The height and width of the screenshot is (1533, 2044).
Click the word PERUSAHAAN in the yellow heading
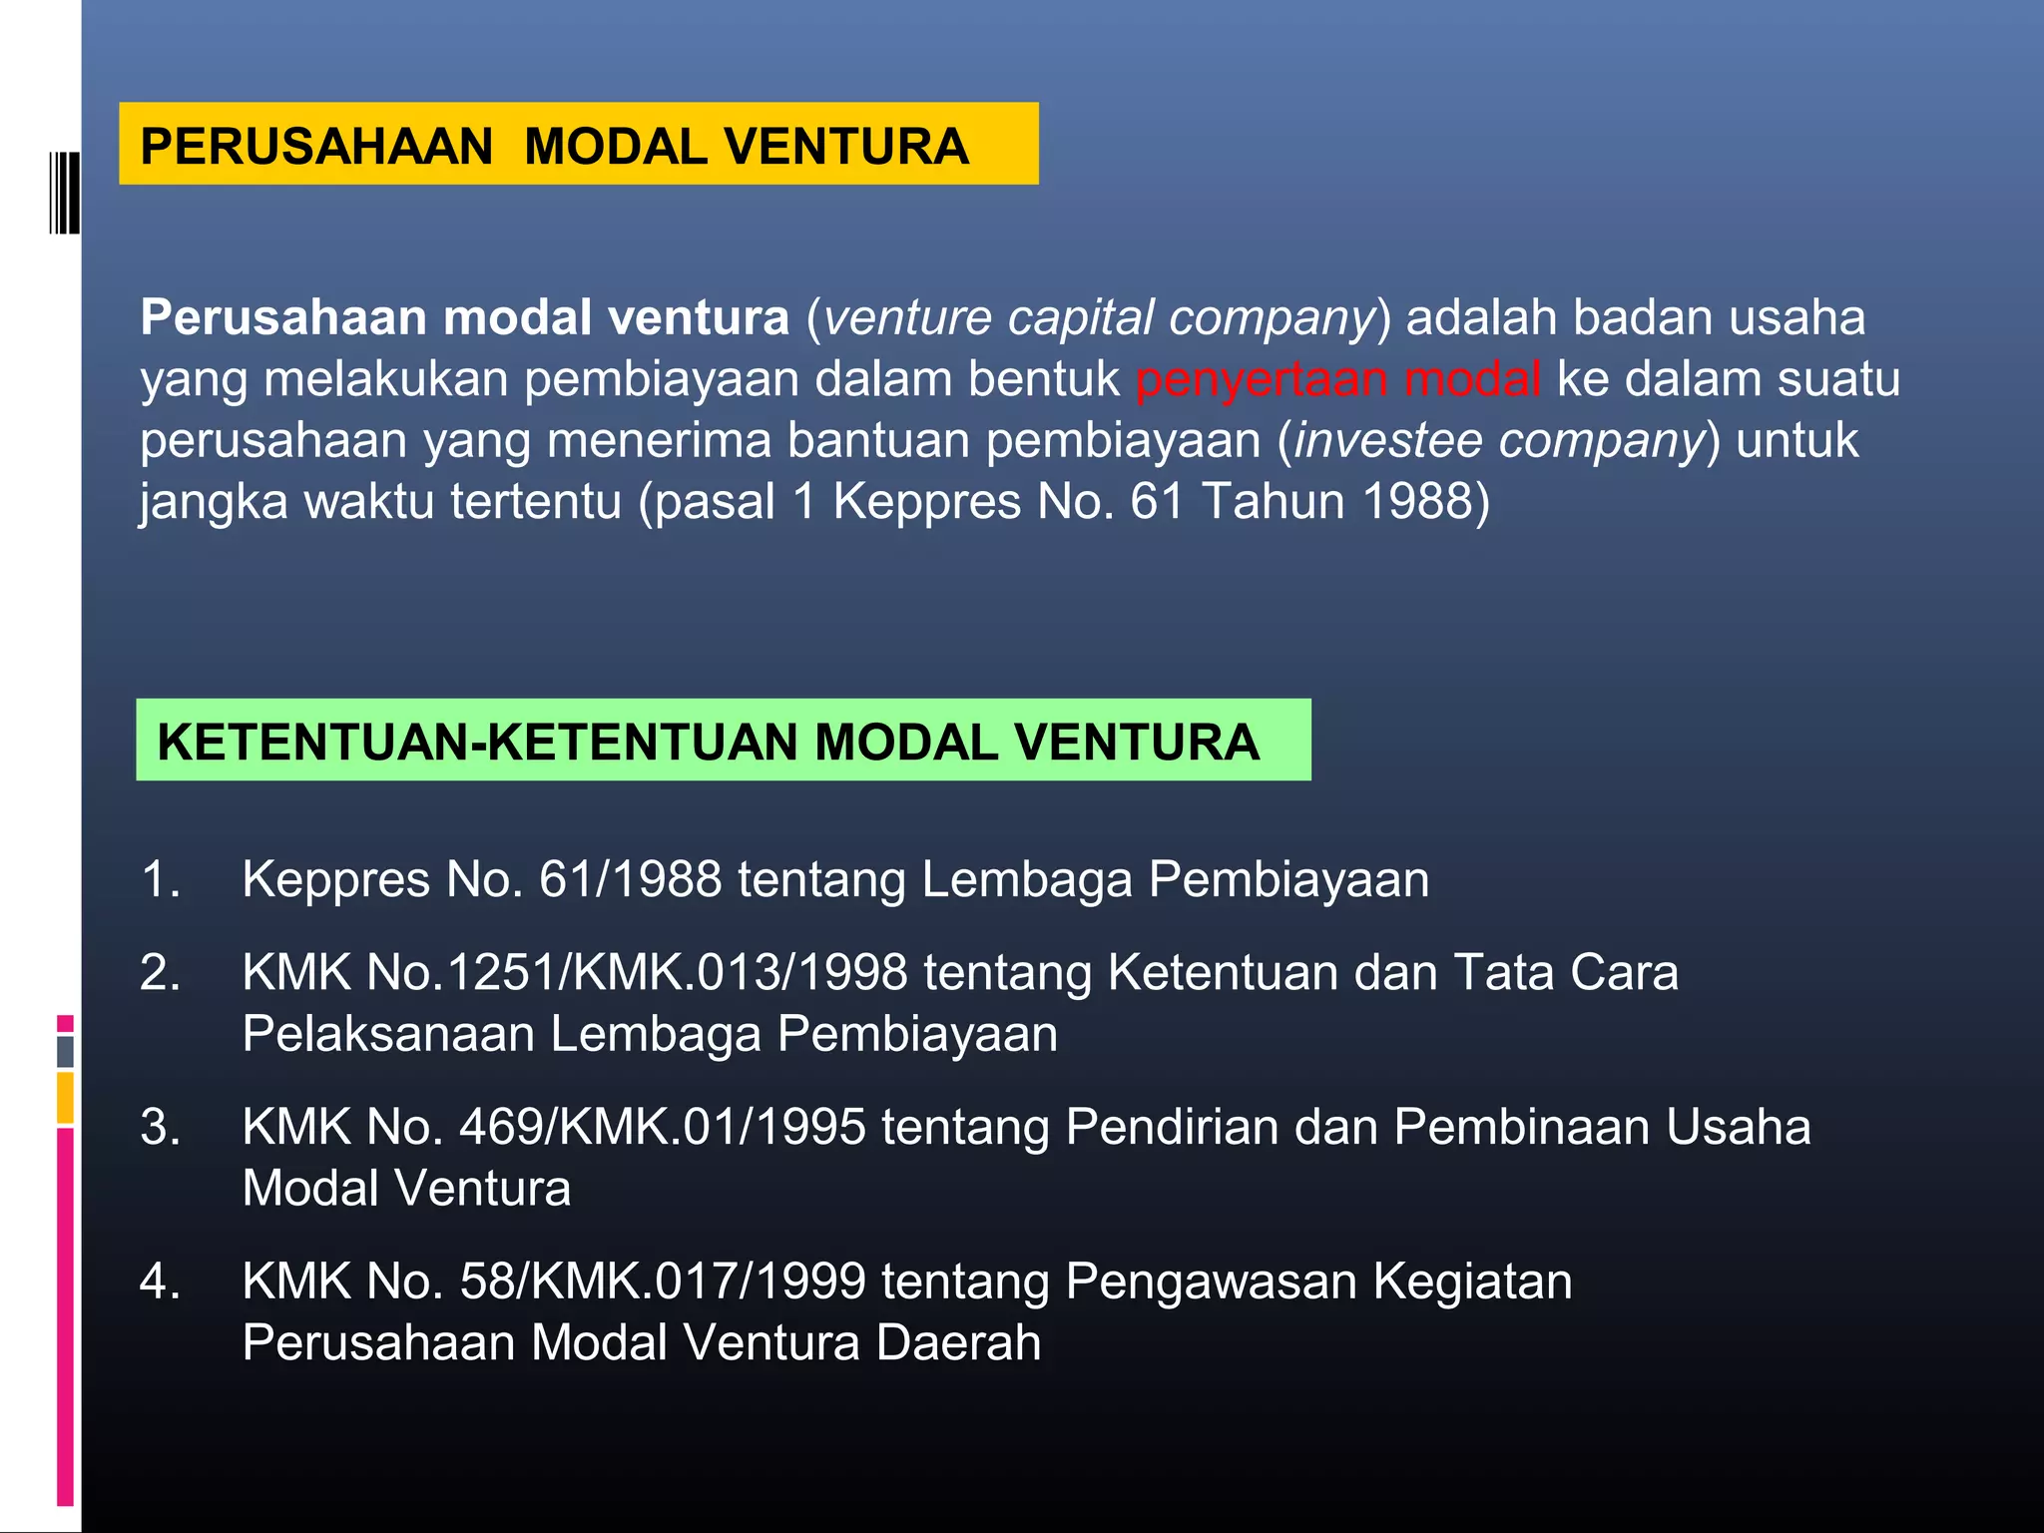coord(316,147)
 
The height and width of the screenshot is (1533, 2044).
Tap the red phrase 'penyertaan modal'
coord(1337,380)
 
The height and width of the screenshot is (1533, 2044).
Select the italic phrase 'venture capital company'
coord(1098,318)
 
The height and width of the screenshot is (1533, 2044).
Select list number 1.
coord(160,880)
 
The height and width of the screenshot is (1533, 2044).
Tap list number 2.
coord(160,973)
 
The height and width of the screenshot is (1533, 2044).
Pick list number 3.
coord(160,1128)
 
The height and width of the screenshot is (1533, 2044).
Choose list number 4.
coord(160,1282)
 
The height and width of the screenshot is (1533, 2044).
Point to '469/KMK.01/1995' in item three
coord(662,1128)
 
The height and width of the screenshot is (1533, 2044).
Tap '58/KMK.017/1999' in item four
coord(662,1282)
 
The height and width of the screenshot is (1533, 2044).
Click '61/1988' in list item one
coord(630,880)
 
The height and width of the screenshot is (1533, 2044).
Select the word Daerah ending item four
coord(958,1343)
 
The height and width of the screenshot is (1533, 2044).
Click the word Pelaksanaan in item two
coord(388,1035)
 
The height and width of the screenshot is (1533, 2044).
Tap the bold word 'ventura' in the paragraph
coord(699,318)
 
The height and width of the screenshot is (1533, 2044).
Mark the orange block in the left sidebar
coord(65,1098)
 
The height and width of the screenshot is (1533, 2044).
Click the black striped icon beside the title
coord(64,193)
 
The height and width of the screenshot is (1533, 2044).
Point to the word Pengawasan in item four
coord(1211,1282)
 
